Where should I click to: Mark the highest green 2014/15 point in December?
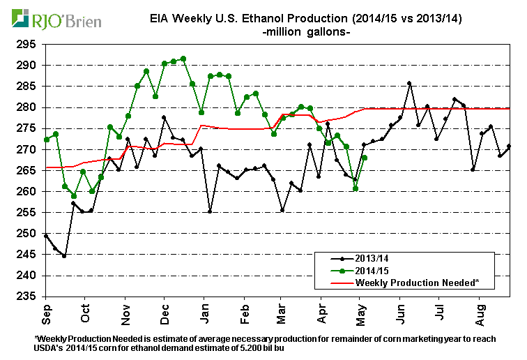tap(183, 59)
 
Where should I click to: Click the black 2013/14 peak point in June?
tap(409, 83)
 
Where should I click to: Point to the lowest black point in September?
tap(64, 256)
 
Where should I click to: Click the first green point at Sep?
tap(46, 140)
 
